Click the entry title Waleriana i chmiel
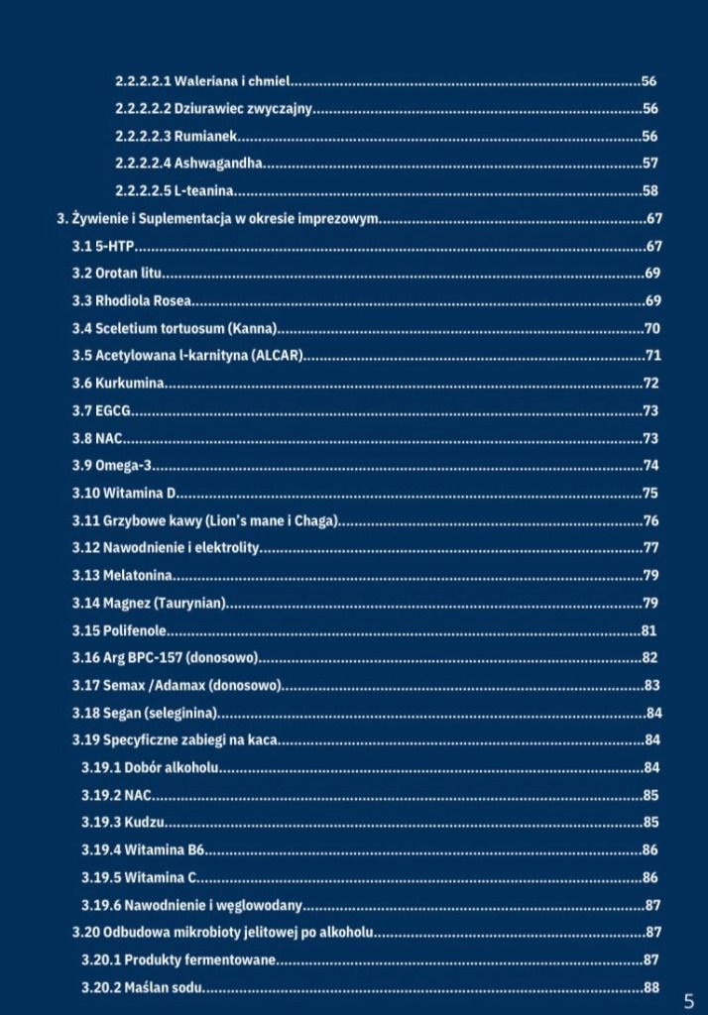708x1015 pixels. tap(231, 81)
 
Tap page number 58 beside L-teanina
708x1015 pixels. tap(649, 190)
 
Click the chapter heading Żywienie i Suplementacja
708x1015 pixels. tap(218, 218)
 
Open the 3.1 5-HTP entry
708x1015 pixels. tap(103, 246)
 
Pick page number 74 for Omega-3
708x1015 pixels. tap(650, 465)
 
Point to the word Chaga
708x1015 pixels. tap(316, 520)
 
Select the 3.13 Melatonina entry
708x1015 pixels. tap(122, 575)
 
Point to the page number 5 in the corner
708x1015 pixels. tap(688, 1000)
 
